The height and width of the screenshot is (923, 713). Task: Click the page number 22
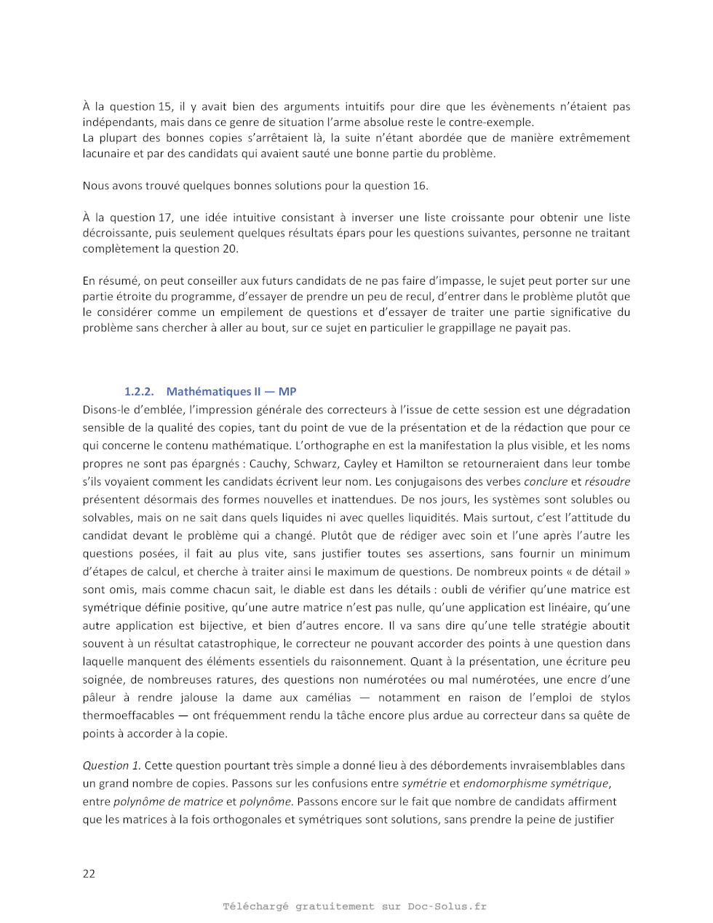click(x=89, y=874)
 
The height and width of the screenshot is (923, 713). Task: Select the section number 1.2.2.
click(x=139, y=392)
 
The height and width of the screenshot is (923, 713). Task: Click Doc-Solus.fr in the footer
click(x=447, y=906)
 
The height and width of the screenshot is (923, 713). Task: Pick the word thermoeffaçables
click(x=129, y=716)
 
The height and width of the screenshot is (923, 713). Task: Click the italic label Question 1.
click(x=111, y=765)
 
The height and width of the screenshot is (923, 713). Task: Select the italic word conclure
click(x=546, y=481)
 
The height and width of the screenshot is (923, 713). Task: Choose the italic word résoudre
click(x=608, y=481)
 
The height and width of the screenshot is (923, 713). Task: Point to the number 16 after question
click(x=420, y=186)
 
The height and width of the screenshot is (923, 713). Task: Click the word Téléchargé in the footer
click(x=255, y=906)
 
